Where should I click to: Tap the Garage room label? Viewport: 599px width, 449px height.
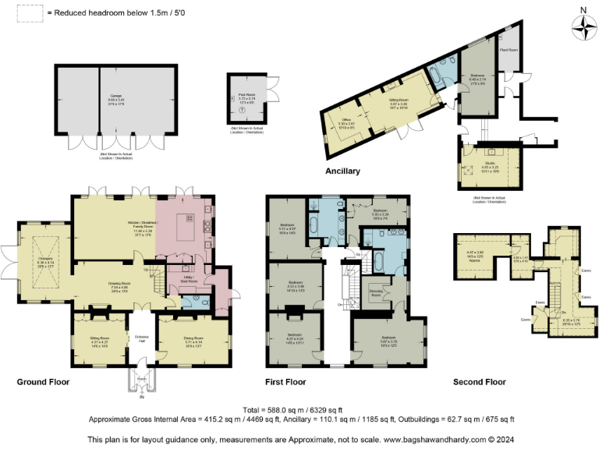(115, 98)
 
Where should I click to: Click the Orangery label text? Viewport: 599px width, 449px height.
(46, 263)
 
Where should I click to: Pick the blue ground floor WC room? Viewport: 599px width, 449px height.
(196, 301)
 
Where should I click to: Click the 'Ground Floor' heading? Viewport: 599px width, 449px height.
(44, 383)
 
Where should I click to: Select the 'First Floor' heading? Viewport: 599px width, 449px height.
(285, 383)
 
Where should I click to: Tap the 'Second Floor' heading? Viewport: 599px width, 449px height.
(480, 383)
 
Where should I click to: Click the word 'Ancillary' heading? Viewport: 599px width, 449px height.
(343, 171)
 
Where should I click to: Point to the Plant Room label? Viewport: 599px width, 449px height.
(508, 50)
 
